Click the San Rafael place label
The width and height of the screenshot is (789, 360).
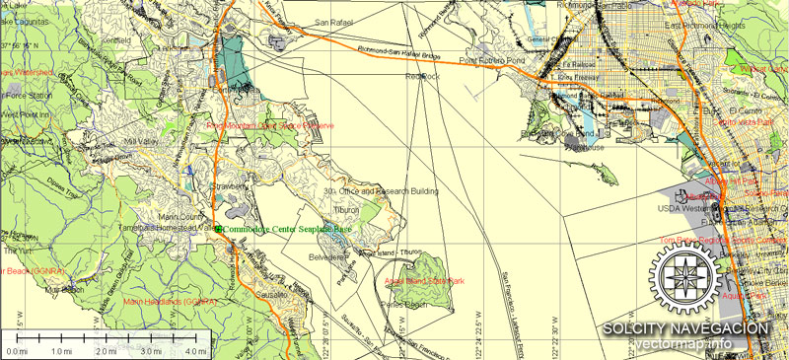point(334,21)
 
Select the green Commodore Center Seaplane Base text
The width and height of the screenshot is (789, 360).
point(287,229)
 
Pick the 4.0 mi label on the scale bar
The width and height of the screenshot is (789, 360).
point(195,351)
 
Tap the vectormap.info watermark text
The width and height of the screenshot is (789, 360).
point(690,344)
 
